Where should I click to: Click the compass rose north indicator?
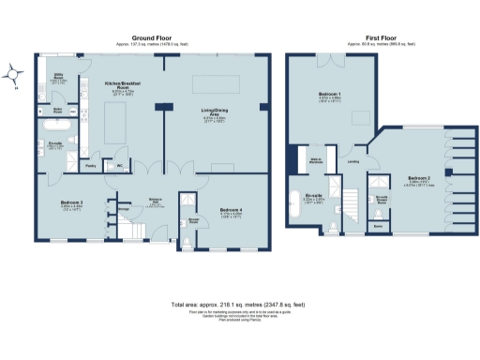[x=12, y=72]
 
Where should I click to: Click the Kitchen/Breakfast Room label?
[x=122, y=85]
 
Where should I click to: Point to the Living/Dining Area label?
[x=216, y=112]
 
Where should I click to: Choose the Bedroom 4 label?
[x=231, y=209]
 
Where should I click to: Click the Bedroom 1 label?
[x=329, y=95]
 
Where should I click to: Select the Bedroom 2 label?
[x=419, y=176]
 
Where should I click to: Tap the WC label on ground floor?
[x=120, y=167]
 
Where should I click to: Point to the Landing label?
[x=354, y=162]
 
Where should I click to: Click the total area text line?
[x=240, y=305]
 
